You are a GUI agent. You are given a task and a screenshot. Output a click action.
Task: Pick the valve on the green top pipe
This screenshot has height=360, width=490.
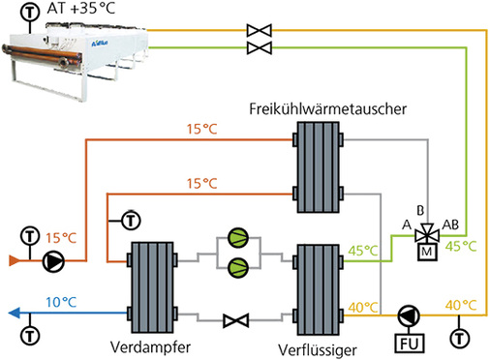259,46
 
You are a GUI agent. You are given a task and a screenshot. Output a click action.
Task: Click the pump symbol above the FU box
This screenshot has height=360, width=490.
405,315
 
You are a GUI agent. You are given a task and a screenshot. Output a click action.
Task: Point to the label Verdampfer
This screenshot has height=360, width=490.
156,345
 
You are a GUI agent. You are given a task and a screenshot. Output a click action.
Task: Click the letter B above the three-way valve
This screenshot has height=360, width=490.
420,208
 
